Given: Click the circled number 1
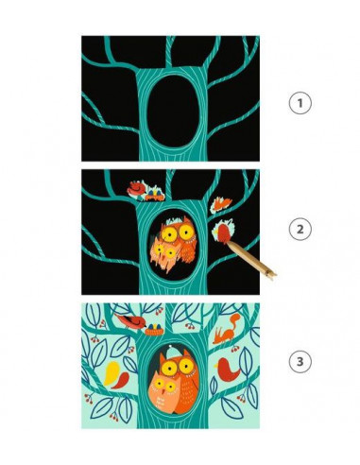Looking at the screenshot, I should coord(300,101).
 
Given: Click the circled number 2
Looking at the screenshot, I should coord(300,231).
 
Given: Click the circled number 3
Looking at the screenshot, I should coord(300,360).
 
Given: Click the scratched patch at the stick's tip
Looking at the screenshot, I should coord(225,230).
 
